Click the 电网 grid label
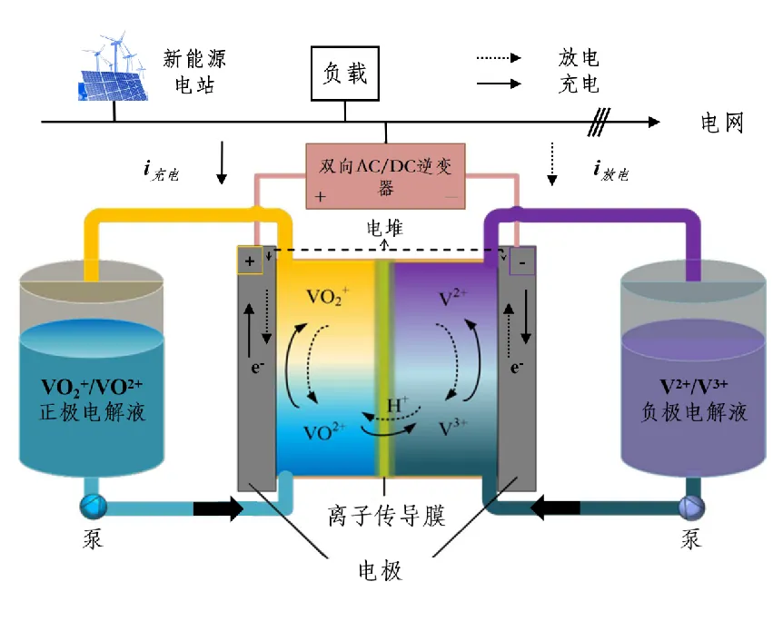point(722,123)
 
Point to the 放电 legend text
point(579,58)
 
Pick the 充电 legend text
point(579,84)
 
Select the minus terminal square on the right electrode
point(523,261)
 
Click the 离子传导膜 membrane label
point(386,516)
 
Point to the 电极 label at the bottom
point(379,571)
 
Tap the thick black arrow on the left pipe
point(219,508)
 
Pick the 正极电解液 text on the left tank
point(92,413)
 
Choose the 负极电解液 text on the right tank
point(692,413)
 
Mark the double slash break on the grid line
point(597,122)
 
